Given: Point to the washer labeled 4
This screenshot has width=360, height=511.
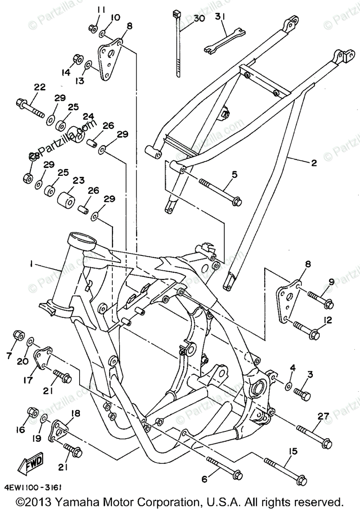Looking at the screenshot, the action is click(288, 386).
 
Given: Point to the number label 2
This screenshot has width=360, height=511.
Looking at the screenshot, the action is click(314, 162).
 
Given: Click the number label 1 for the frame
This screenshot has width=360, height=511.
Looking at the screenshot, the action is click(31, 264).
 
